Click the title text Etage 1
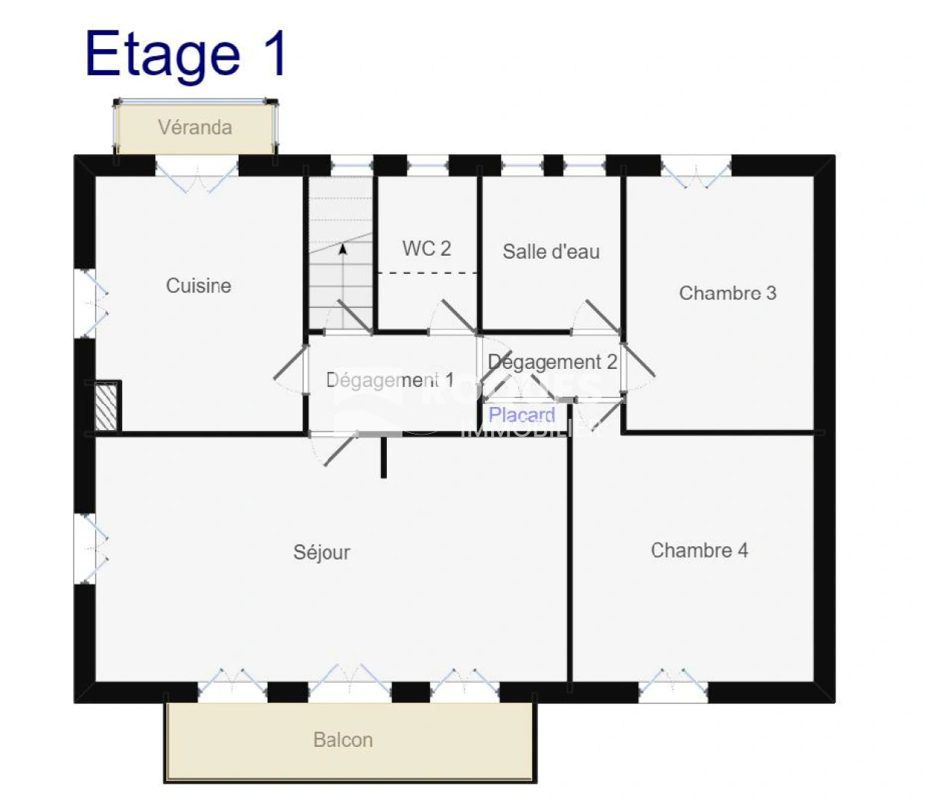pos(186,54)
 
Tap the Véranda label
pos(195,127)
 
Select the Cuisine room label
pos(198,285)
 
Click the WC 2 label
pos(426,248)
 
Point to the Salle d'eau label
pos(551,252)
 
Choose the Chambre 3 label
pos(727,293)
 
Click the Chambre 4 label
pos(699,550)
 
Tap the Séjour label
pos(321,552)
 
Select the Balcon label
pos(343,740)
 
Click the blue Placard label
pos(522,415)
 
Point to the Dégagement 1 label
pos(390,380)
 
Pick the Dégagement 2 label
pos(552,362)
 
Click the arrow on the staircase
pos(343,250)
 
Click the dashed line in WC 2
pos(427,274)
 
